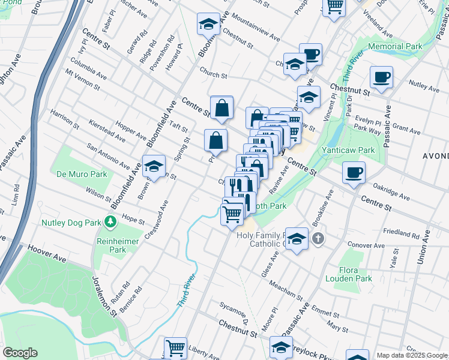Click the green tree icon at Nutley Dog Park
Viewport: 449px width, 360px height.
pos(110,223)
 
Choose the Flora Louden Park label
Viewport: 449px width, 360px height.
pos(349,274)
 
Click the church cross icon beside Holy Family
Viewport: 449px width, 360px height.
pos(318,239)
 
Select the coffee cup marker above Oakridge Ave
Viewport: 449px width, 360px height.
pos(353,172)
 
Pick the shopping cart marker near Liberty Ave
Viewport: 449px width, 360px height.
pos(175,347)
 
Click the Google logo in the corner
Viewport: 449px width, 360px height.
pos(20,353)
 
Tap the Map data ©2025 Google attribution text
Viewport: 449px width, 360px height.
pos(412,355)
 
